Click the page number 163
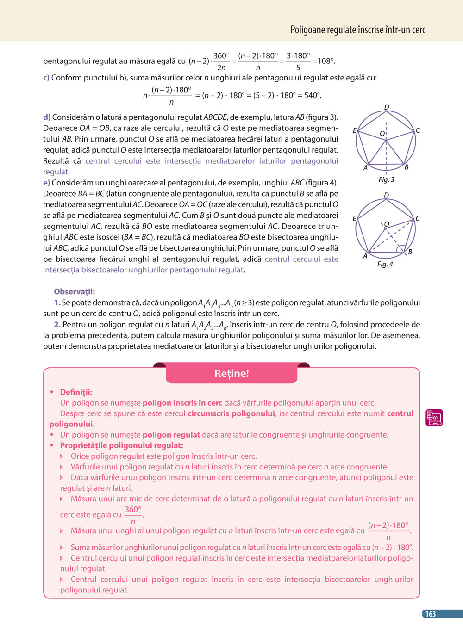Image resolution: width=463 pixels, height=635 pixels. click(431, 614)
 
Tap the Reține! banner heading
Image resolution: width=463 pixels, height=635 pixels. click(231, 373)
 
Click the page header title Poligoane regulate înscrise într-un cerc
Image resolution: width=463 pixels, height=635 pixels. click(357, 30)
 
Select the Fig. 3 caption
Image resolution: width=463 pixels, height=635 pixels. click(386, 179)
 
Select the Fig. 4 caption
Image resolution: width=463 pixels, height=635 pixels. click(385, 264)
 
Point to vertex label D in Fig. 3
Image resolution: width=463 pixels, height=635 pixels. click(387, 107)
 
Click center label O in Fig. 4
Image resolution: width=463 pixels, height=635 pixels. click(387, 224)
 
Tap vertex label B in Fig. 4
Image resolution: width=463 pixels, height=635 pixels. click(410, 252)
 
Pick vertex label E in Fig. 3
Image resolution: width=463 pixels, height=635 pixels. click(355, 131)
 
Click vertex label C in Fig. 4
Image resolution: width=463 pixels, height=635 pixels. click(418, 218)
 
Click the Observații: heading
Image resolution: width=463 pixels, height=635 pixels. click(74, 291)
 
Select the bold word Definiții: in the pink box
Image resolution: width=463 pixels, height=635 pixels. click(76, 392)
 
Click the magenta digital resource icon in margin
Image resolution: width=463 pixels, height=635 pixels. click(434, 418)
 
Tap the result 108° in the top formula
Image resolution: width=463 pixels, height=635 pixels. click(326, 61)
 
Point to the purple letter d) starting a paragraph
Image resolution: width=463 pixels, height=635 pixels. click(47, 117)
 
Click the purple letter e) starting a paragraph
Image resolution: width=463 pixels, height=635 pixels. click(46, 183)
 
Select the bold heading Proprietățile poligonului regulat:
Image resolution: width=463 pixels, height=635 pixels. click(121, 445)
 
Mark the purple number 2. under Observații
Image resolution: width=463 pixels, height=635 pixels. click(57, 324)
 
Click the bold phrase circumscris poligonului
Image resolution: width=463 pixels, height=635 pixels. click(231, 413)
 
